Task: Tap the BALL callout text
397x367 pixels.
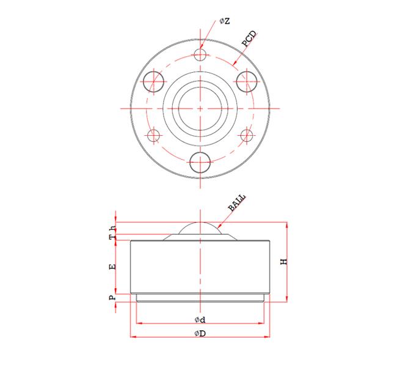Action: (x=236, y=202)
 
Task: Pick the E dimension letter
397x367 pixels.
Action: (x=112, y=267)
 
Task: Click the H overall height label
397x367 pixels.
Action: (x=283, y=261)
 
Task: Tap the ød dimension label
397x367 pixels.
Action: (x=200, y=320)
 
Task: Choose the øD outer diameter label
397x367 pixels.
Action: (x=200, y=333)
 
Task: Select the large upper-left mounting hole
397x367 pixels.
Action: (x=153, y=81)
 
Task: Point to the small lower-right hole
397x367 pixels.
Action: (x=247, y=135)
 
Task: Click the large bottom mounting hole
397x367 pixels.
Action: (x=200, y=162)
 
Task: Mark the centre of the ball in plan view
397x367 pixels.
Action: (x=200, y=108)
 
